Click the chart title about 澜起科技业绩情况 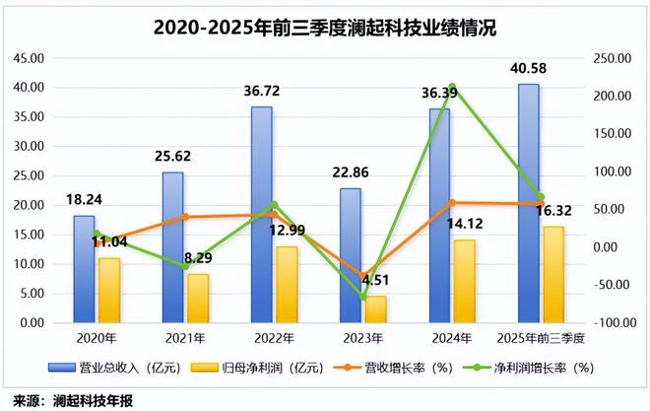(x=325, y=27)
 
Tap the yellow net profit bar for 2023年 (x=376, y=309)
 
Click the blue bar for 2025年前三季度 (x=528, y=203)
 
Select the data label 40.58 (x=531, y=69)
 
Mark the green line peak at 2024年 (x=451, y=88)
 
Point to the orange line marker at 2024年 (x=451, y=203)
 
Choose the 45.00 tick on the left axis (x=29, y=58)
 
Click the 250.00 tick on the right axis (x=613, y=58)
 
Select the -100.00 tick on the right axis (x=613, y=323)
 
